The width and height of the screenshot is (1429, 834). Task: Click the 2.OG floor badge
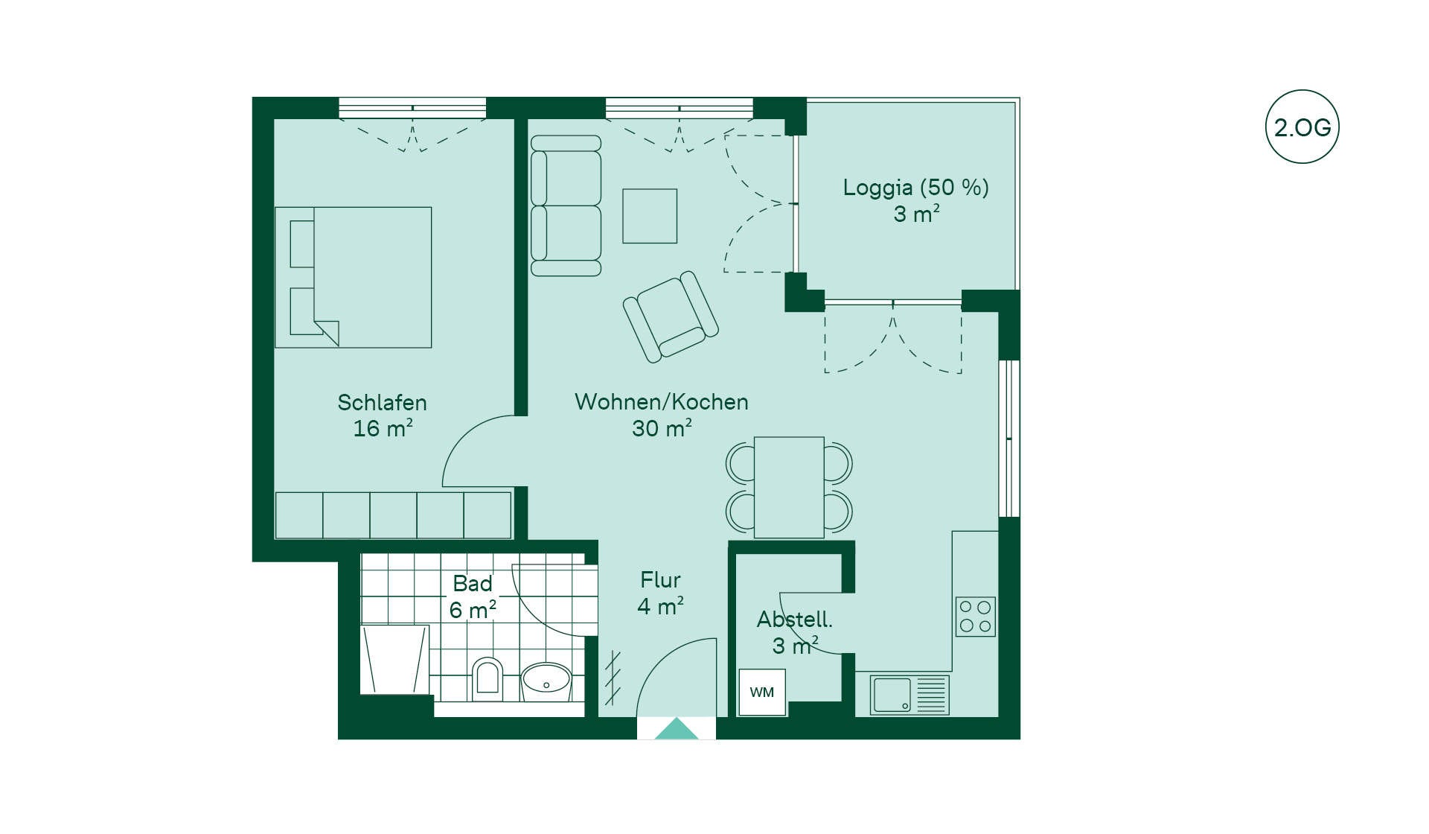[1302, 127]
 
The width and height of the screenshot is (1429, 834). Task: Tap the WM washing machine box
[762, 693]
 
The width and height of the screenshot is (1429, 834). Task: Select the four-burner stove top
[976, 617]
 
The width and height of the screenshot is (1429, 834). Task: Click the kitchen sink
[909, 695]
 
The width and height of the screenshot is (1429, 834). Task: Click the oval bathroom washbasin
[546, 681]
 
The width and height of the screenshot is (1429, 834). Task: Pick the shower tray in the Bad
[394, 659]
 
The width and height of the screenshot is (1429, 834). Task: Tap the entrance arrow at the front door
[677, 728]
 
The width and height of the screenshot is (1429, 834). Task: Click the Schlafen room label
[383, 403]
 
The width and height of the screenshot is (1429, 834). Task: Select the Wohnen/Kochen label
[662, 402]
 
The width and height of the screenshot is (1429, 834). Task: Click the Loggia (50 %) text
[916, 188]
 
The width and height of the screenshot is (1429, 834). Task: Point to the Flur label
[661, 580]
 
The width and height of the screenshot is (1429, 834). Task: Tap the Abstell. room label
[795, 620]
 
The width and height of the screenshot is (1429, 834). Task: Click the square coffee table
[650, 216]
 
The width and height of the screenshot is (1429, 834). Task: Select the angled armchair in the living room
[671, 316]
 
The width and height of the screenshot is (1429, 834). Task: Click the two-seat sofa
[566, 206]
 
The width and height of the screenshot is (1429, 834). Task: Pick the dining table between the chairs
[789, 487]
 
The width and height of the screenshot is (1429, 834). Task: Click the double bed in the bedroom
[354, 277]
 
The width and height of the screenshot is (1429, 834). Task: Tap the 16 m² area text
[383, 428]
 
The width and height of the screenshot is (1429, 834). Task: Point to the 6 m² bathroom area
[473, 610]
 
